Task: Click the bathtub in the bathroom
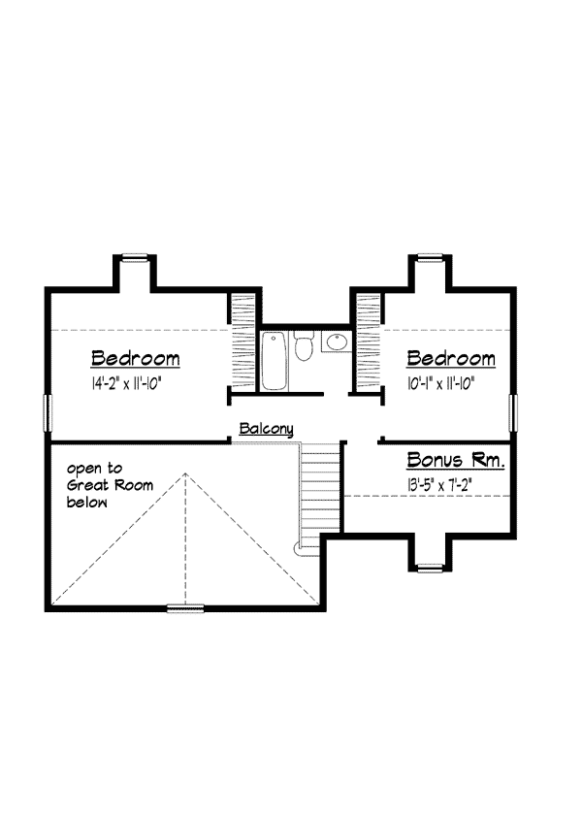[x=274, y=361]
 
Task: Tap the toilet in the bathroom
[x=303, y=345]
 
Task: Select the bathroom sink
[x=337, y=342]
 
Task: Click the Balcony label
[x=266, y=429]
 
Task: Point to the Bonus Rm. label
[x=456, y=460]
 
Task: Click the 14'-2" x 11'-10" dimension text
[x=127, y=384]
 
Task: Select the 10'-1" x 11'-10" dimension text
[x=441, y=384]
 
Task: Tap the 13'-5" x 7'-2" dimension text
[x=439, y=485]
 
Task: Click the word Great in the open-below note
[x=88, y=485]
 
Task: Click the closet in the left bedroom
[x=242, y=342]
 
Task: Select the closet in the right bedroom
[x=368, y=342]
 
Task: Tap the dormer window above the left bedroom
[x=135, y=257]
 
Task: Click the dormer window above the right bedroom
[x=431, y=257]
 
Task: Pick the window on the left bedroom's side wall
[x=48, y=412]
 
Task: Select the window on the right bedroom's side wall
[x=513, y=412]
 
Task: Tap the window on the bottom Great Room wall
[x=185, y=608]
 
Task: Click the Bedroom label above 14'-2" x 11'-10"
[x=136, y=359]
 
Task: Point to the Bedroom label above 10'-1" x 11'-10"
[x=451, y=359]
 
